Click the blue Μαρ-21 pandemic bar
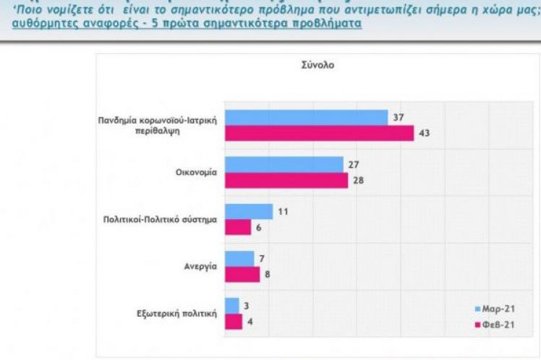coord(307,118)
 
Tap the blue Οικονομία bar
coord(284,164)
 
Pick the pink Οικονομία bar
coord(286,179)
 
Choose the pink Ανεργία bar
coord(242,273)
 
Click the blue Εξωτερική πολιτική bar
coord(232,305)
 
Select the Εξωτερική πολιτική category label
coord(177,313)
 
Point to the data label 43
coord(424,133)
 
